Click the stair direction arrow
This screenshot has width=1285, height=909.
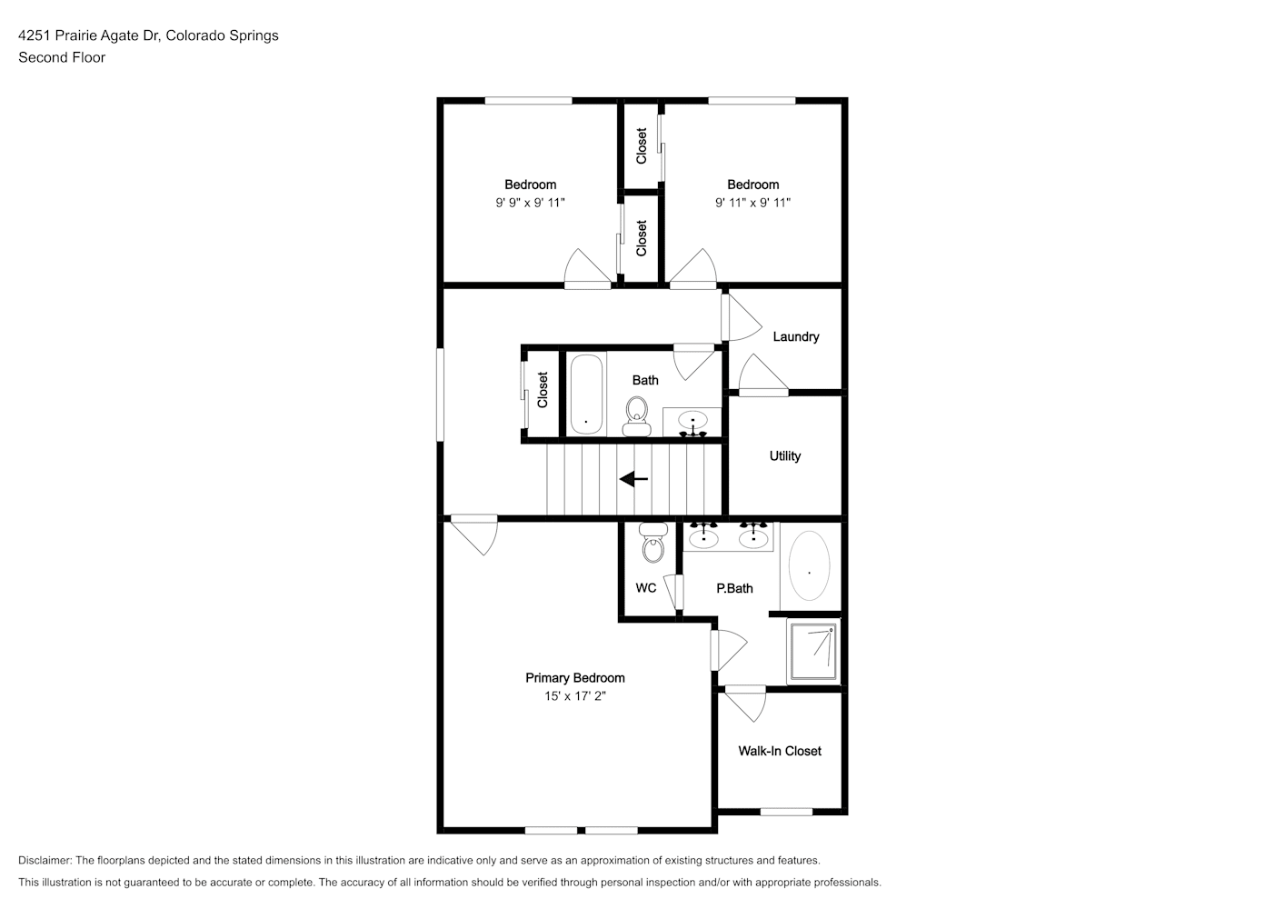click(x=633, y=479)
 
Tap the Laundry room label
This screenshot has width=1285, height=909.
click(x=796, y=337)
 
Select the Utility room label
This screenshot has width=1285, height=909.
click(x=785, y=456)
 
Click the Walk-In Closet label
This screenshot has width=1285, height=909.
click(x=780, y=751)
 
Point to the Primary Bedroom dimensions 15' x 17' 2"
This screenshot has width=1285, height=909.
click(x=575, y=696)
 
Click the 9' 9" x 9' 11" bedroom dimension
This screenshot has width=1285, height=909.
click(x=530, y=203)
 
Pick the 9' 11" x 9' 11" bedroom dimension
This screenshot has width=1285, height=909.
click(x=752, y=203)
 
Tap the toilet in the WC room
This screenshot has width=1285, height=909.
click(x=653, y=542)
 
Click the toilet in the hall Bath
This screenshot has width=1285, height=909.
click(x=636, y=416)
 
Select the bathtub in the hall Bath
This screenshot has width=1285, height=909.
click(x=586, y=395)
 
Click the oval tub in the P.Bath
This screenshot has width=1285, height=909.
click(x=809, y=565)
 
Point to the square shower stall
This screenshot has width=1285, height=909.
click(x=812, y=652)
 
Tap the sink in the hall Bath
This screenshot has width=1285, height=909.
click(x=692, y=423)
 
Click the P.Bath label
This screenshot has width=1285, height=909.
click(x=734, y=589)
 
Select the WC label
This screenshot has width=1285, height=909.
click(x=646, y=588)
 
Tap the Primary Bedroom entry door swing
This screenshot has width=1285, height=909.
click(x=474, y=534)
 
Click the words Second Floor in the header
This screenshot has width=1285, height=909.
click(x=62, y=57)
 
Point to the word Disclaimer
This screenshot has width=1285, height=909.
click(x=45, y=860)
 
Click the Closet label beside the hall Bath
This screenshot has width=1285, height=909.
click(x=543, y=390)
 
